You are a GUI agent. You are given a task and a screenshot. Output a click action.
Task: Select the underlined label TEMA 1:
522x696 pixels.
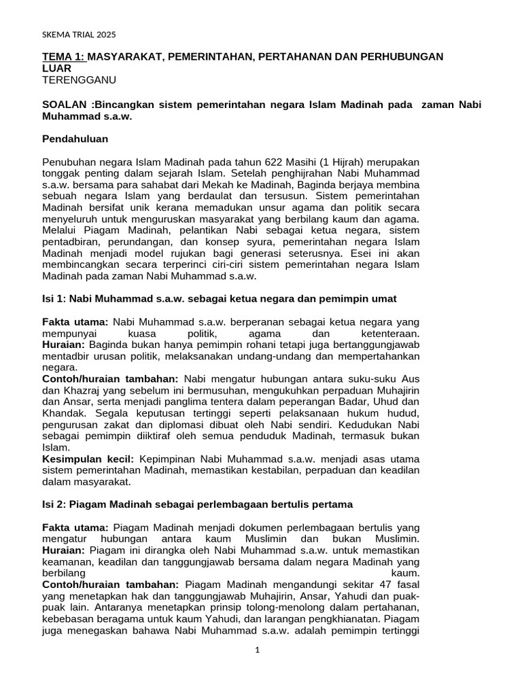(64, 57)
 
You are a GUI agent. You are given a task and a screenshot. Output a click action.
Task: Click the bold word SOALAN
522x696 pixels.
(65, 104)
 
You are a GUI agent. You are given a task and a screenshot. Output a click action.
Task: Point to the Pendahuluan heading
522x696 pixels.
(75, 139)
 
